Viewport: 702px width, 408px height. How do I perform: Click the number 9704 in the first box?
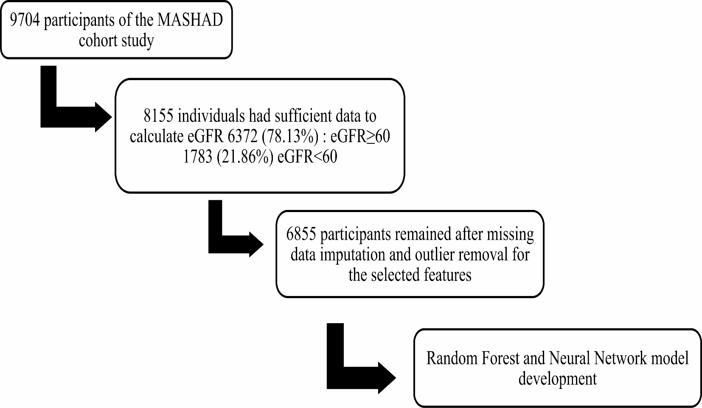[x=25, y=20]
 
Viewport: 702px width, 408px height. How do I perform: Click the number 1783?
[x=197, y=157]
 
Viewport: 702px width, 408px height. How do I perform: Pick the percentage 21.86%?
[x=245, y=157]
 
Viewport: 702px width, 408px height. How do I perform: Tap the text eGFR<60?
[x=307, y=157]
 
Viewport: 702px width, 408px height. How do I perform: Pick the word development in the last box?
[x=557, y=379]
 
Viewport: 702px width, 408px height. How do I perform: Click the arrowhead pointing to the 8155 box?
[x=103, y=117]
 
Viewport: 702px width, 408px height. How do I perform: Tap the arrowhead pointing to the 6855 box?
[x=256, y=244]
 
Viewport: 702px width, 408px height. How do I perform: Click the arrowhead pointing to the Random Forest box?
[x=386, y=378]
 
